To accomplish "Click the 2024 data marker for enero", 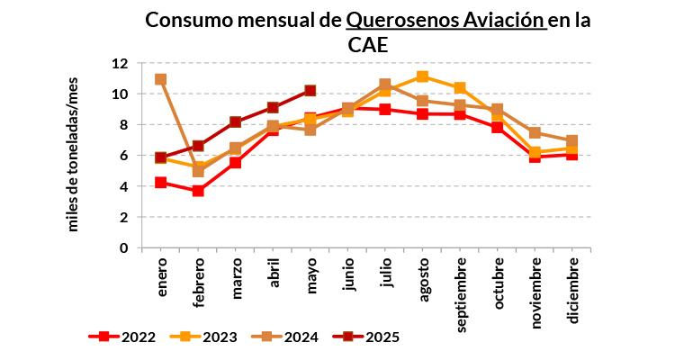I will [160, 79].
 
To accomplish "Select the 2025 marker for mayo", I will [310, 90].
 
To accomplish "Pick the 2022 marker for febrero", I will [198, 191].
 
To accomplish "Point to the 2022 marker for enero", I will [160, 183].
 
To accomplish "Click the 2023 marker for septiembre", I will [460, 88].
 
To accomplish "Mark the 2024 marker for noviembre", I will [535, 133].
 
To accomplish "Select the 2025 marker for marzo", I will [236, 121].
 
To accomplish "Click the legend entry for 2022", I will [122, 337].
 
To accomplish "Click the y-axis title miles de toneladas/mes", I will [74, 156].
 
